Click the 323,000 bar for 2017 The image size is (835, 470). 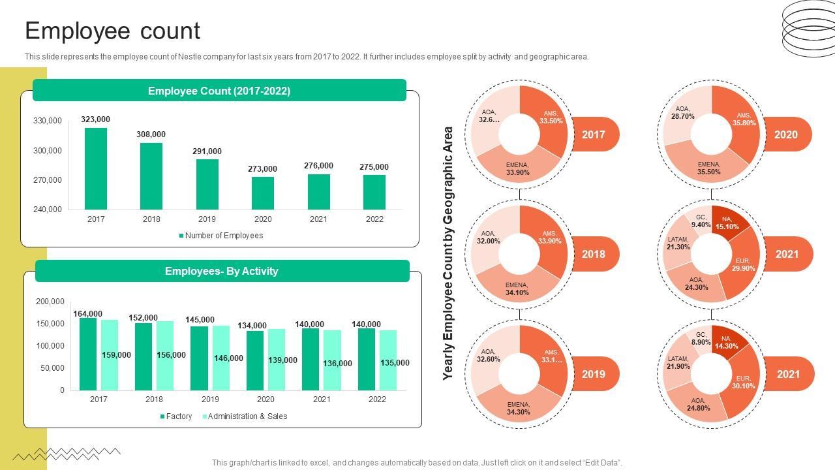pos(96,168)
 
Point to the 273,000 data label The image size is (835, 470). pos(262,169)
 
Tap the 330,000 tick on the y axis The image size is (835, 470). pos(47,121)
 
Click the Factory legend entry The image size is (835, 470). pos(175,416)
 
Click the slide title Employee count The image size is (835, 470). pos(112,31)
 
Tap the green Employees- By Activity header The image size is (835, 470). pos(222,271)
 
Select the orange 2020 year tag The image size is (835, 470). pos(786,134)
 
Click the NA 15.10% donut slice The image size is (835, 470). pos(727,223)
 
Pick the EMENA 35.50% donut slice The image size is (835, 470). pos(709,168)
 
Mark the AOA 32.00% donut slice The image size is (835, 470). pos(487,236)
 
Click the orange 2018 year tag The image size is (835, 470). pos(593,254)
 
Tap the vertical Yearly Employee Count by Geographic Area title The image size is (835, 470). pos(448,253)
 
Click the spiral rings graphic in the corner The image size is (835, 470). pos(808,27)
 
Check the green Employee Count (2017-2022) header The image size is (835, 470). pos(219,91)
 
